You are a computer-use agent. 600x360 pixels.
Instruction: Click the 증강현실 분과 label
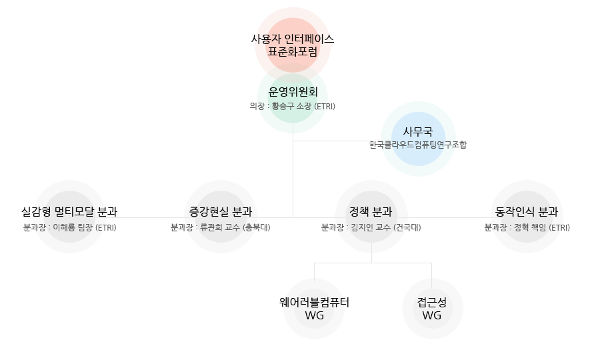click(221, 212)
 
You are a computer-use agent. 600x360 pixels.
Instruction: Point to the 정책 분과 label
click(370, 212)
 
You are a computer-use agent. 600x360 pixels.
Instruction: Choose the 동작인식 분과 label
click(527, 212)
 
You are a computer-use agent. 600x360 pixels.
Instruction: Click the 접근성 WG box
click(432, 308)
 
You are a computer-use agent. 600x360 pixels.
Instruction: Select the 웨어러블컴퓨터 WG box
click(313, 308)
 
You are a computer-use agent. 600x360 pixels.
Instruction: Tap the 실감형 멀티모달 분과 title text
click(69, 212)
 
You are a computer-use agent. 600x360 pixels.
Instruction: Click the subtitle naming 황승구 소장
click(292, 106)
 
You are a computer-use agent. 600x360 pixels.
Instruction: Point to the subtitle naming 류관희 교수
click(221, 227)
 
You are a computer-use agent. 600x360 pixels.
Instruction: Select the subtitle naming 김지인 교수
click(370, 227)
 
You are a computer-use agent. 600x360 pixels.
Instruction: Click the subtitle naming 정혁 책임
click(527, 227)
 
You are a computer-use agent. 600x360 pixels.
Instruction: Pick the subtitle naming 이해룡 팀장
click(69, 227)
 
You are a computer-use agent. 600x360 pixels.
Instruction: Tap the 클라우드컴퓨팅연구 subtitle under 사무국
click(418, 144)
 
